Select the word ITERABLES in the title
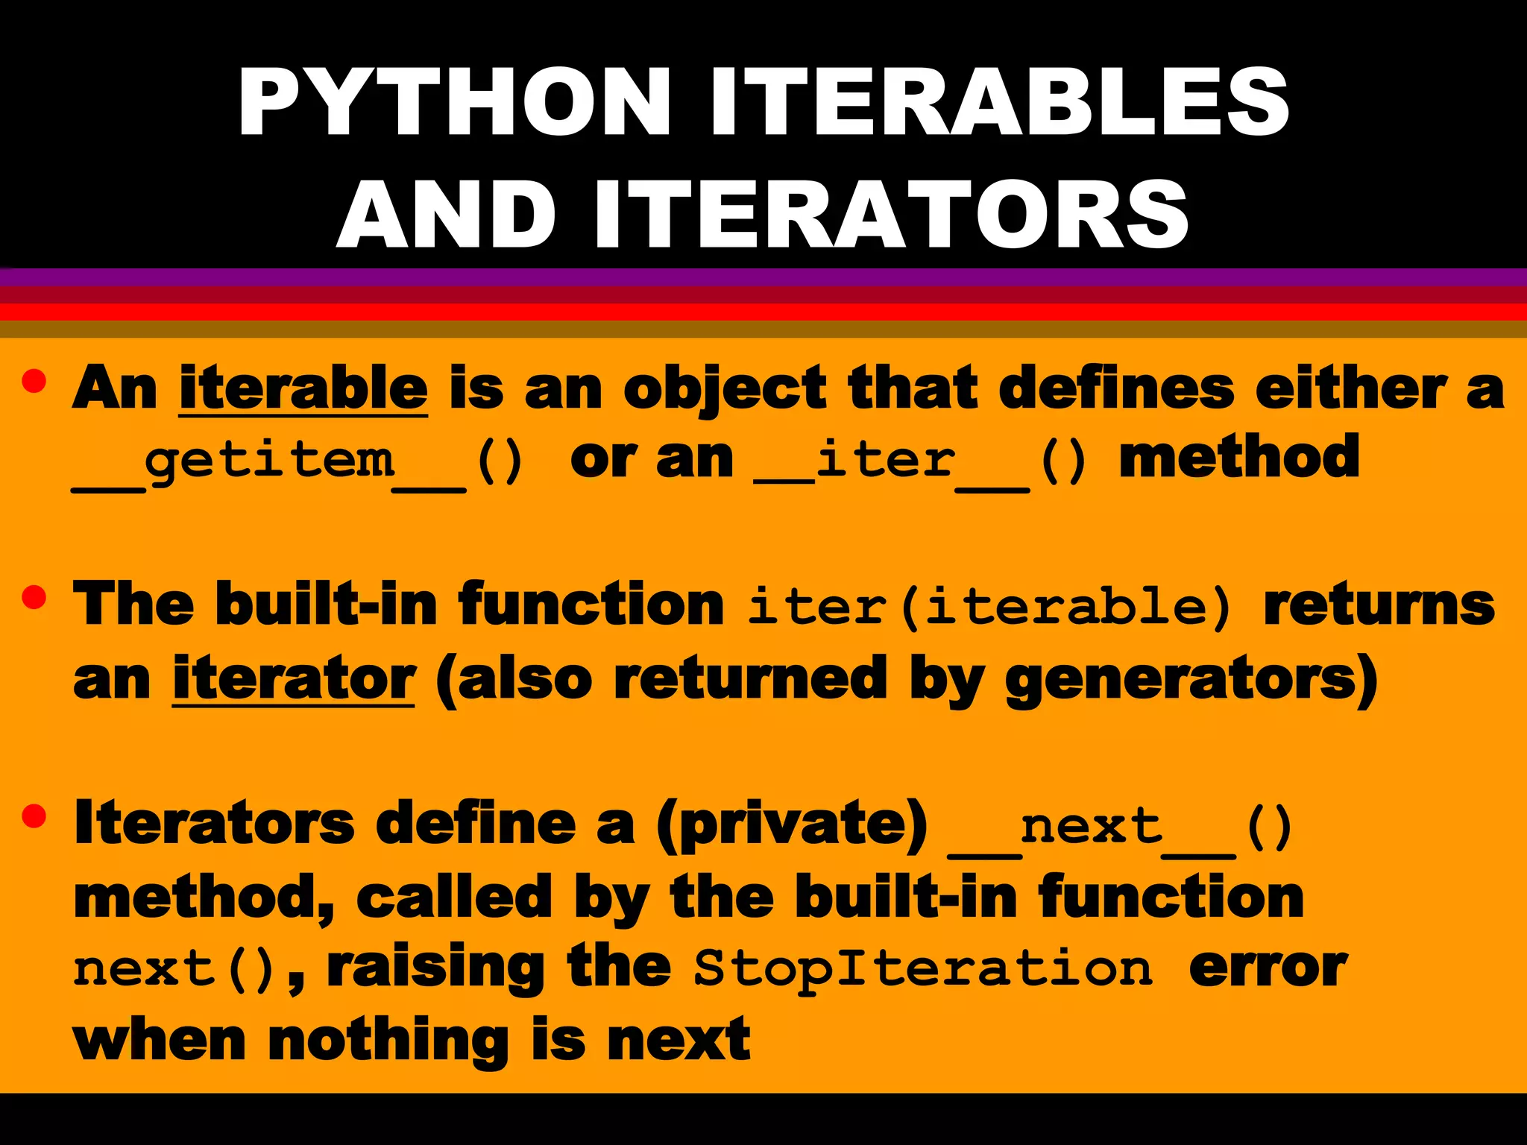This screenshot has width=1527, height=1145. [999, 102]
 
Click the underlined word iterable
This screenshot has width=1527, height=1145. [303, 388]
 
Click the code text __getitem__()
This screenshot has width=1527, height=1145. [298, 462]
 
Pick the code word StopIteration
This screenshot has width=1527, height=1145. [923, 969]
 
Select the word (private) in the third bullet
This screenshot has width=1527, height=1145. [792, 824]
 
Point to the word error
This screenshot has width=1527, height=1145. [1268, 968]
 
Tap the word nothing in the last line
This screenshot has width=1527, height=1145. [388, 1039]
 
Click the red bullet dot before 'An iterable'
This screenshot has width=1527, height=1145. [34, 381]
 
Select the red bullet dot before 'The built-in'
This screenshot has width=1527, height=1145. [34, 596]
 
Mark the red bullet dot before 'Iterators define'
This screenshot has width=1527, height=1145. [34, 816]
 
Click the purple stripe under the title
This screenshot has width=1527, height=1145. [763, 277]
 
